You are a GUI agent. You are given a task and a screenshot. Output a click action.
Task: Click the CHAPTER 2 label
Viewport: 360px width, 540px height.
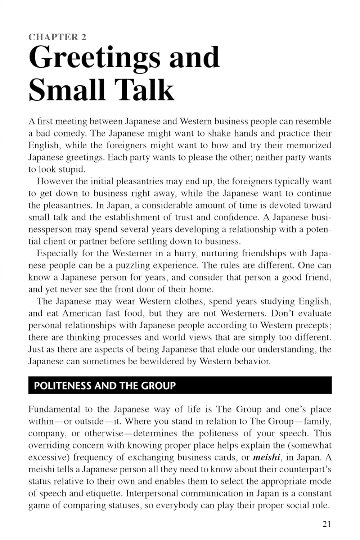[x=57, y=37]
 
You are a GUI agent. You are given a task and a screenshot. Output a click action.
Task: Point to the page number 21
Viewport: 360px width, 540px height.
[x=327, y=524]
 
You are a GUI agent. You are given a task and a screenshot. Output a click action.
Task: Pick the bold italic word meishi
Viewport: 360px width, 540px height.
[x=266, y=458]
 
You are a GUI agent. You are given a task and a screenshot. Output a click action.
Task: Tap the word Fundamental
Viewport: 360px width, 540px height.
[x=54, y=409]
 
